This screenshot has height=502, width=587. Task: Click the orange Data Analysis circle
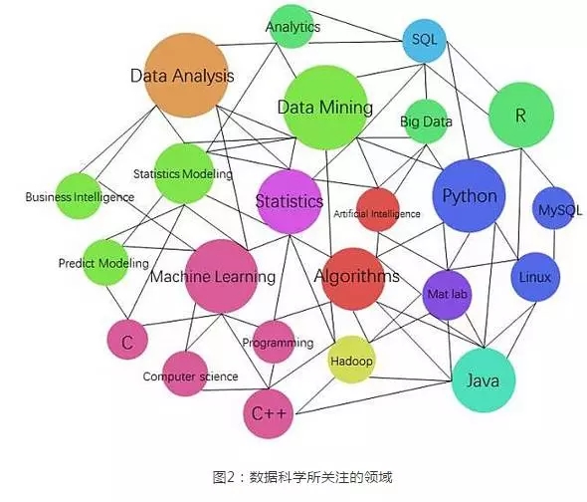point(186,76)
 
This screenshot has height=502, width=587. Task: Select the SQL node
point(425,41)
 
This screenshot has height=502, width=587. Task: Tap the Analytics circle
point(292,27)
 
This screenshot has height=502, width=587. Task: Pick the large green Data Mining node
point(325,108)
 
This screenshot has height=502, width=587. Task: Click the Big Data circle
point(426,122)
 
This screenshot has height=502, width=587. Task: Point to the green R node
point(521,116)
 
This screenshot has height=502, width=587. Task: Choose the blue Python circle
point(469,195)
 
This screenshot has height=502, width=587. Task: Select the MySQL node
point(554,208)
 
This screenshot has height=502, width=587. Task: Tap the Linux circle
point(535,278)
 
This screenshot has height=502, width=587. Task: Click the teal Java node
point(484,380)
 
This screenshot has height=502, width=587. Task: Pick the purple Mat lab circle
point(448,296)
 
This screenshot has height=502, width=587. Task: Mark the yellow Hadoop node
point(351,360)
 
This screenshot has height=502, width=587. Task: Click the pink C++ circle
point(268,413)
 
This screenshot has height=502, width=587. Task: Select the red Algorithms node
point(354,279)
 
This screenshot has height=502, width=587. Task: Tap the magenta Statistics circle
point(290,201)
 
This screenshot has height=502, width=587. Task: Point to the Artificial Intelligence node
point(378,210)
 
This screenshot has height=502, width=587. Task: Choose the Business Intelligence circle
point(79,196)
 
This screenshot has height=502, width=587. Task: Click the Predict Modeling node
point(105,262)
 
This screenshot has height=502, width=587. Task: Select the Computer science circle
point(185,374)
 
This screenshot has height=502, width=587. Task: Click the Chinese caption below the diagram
point(302,478)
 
